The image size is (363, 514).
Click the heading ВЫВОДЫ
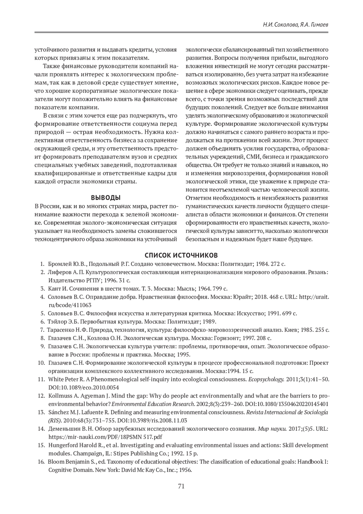[106, 198]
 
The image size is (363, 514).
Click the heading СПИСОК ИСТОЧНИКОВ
[181, 254]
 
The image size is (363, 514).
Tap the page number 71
[181, 486]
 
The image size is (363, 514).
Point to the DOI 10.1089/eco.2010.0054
[84, 387]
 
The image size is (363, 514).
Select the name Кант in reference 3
[54, 288]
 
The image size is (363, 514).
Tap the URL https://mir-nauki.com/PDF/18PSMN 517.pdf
[105, 437]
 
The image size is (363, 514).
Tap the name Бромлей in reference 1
[58, 264]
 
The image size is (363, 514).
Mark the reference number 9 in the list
[43, 346]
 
